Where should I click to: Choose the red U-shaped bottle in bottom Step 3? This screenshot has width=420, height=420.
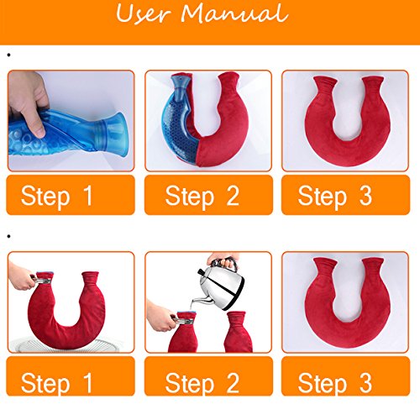pyautogui.click(x=344, y=302)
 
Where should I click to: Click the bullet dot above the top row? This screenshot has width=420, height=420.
pyautogui.click(x=8, y=55)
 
